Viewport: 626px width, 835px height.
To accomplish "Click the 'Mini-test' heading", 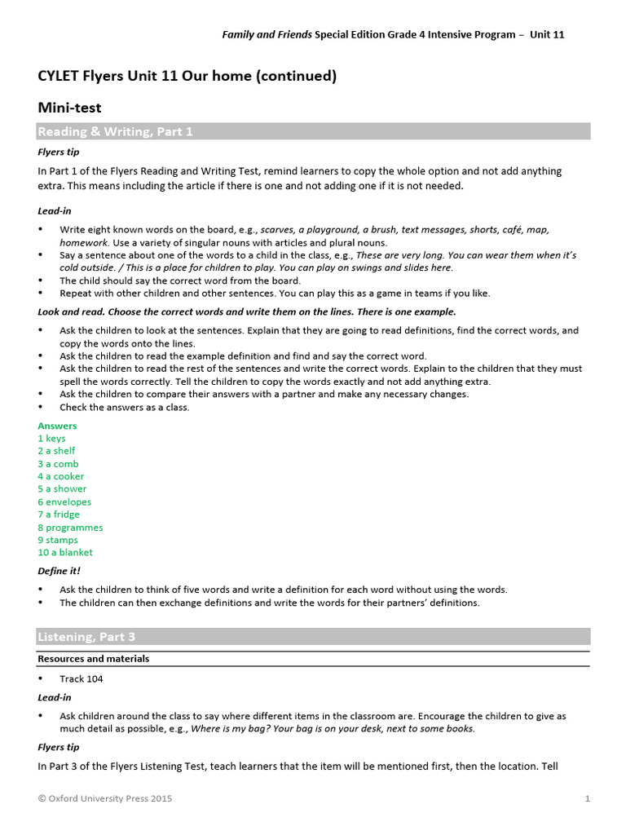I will point(69,107).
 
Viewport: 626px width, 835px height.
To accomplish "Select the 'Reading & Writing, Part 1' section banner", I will point(115,131).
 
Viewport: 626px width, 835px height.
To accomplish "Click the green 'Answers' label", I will point(57,426).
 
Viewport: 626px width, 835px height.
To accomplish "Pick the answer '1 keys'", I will point(51,439).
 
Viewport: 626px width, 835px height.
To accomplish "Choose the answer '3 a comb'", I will point(58,464).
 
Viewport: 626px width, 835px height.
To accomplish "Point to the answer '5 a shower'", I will point(62,489).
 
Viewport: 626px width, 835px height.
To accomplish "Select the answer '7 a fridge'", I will point(60,515).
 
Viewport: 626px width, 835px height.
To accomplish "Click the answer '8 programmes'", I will point(70,528).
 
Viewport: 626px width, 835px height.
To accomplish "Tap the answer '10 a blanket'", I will point(65,553).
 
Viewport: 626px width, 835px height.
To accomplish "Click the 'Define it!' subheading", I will point(60,571).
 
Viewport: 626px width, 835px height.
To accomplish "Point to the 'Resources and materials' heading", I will point(93,659).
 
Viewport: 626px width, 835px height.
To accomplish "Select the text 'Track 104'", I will point(82,678).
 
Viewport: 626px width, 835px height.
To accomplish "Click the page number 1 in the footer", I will point(587,799).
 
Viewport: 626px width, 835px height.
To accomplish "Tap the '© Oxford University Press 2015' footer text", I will point(104,799).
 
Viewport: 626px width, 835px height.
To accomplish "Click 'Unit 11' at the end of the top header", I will point(547,35).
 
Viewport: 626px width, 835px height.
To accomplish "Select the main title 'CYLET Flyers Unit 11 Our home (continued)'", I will point(187,77).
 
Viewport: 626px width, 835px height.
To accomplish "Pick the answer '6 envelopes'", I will point(64,502).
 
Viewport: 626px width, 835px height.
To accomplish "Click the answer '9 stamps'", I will point(58,540).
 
